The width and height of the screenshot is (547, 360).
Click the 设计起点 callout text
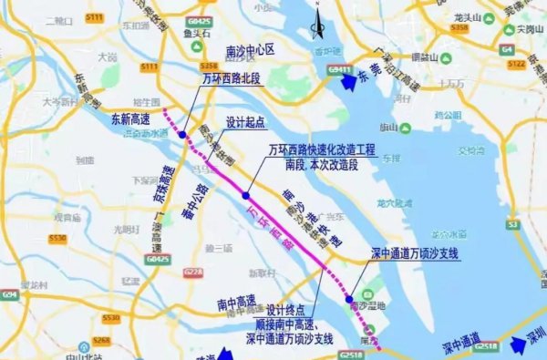click(x=246, y=122)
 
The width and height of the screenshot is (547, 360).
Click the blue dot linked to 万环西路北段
click(x=182, y=135)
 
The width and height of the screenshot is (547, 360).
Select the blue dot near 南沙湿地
click(x=349, y=298)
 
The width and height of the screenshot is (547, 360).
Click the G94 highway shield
click(x=9, y=294)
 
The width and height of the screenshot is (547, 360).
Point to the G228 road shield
click(x=192, y=272)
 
